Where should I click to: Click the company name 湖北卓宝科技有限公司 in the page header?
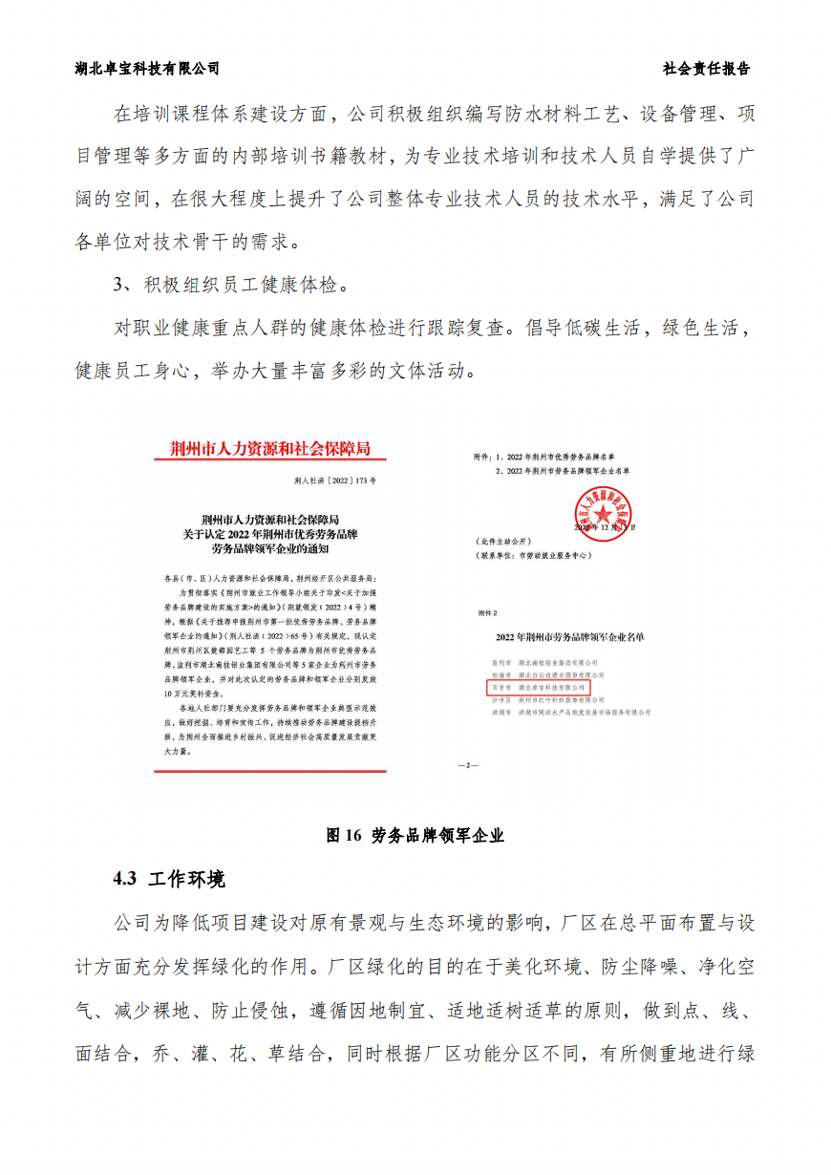point(147,69)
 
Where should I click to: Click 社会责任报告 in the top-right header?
point(706,69)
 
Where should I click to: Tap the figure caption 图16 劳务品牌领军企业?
point(415,835)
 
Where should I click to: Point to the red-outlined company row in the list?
point(539,687)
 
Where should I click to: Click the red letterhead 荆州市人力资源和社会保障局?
point(268,448)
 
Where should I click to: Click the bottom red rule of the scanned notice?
point(270,770)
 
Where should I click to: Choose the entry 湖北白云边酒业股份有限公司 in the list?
point(557,674)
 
